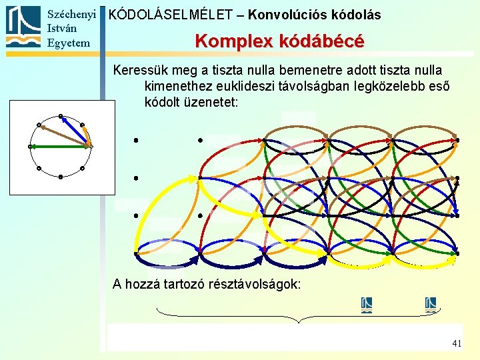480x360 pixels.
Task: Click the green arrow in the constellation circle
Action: point(57,146)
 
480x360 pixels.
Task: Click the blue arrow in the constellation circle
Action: point(73,129)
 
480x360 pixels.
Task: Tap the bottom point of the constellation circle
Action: point(60,177)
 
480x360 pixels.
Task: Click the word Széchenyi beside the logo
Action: point(73,13)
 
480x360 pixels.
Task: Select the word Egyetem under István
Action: point(67,43)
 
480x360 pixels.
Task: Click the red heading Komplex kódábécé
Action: point(279,41)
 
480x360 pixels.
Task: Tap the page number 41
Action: point(457,343)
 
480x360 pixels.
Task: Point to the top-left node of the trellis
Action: point(135,141)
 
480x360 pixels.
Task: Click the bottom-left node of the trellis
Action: point(135,254)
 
